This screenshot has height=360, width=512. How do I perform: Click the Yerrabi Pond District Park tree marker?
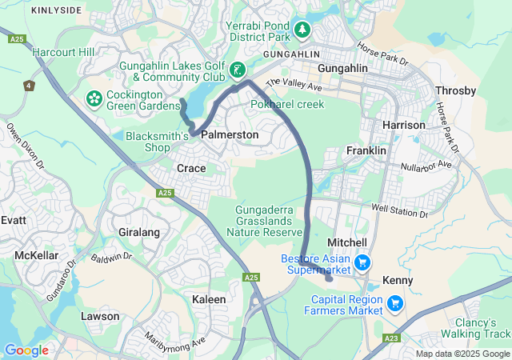click(302, 30)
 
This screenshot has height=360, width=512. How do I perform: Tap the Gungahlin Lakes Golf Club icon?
click(237, 70)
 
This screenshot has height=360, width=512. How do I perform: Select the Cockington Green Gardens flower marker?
click(94, 99)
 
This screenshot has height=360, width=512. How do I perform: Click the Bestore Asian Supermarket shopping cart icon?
click(362, 262)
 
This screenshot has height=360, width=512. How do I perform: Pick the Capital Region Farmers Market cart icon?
click(394, 304)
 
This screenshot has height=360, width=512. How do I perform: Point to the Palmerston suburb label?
click(230, 135)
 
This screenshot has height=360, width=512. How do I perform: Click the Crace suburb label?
click(191, 168)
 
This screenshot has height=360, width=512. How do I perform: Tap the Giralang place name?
click(139, 232)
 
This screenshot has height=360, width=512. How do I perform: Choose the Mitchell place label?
click(348, 242)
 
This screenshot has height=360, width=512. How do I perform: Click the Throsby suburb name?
click(454, 91)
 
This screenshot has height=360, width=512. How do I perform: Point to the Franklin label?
click(366, 150)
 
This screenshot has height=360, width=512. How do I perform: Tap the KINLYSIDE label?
click(55, 10)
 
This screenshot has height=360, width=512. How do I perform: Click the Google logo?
click(26, 350)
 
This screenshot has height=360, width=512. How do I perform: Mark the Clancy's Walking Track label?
click(478, 328)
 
